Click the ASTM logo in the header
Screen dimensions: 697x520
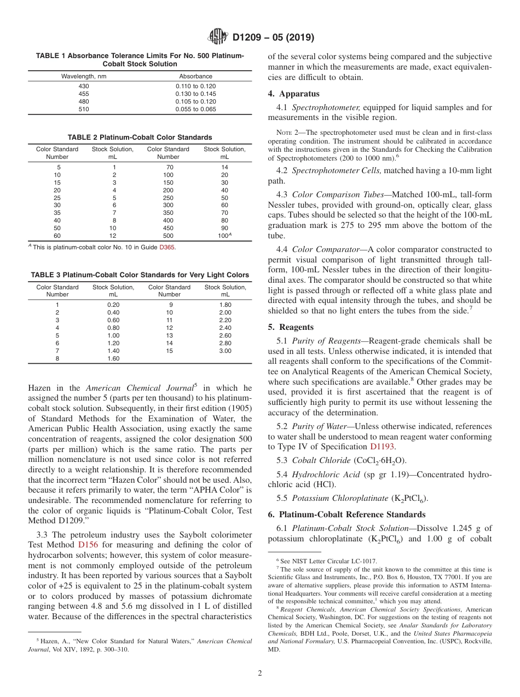click(219, 37)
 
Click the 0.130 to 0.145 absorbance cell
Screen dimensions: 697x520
click(195, 94)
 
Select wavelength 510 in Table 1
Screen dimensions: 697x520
click(84, 109)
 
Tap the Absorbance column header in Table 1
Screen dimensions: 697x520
click(195, 76)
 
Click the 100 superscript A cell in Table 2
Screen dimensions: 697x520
click(224, 236)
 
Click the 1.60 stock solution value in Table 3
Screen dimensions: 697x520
click(113, 358)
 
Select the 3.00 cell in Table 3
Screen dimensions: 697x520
click(225, 351)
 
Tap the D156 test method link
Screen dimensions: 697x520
click(88, 545)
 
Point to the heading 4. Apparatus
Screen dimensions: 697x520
click(294, 94)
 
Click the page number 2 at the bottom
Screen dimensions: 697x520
click(259, 673)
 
